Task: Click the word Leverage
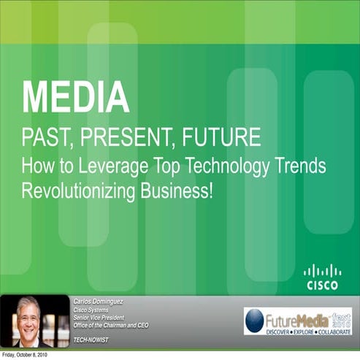coord(110,166)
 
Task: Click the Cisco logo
coord(321,277)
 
